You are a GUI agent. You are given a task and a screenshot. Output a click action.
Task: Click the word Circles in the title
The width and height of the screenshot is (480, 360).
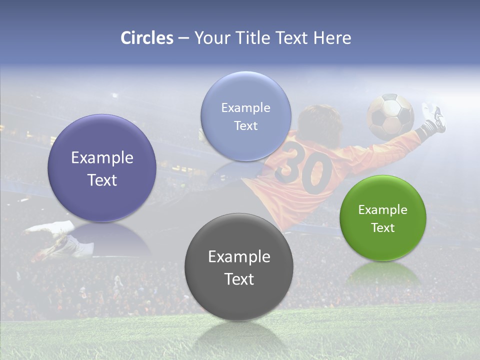tap(147, 38)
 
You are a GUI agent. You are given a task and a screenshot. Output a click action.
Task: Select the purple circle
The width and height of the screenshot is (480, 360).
tap(102, 168)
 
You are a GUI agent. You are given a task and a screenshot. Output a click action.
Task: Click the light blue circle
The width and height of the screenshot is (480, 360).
tap(245, 116)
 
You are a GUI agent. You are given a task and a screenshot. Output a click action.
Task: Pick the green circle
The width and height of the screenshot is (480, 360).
tap(383, 218)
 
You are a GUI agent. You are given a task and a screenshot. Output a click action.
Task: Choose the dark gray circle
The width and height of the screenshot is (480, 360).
tap(239, 267)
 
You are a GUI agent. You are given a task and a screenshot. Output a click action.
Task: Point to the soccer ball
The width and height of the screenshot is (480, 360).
tap(390, 116)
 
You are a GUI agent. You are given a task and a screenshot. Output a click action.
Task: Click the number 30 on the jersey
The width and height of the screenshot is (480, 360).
tap(304, 168)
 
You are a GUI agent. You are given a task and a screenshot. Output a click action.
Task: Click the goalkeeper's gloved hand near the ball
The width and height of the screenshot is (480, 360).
tap(432, 118)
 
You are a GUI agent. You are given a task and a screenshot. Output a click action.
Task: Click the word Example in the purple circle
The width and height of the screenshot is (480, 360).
tap(102, 158)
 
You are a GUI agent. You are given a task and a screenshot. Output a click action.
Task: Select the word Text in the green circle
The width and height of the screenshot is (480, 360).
tap(383, 228)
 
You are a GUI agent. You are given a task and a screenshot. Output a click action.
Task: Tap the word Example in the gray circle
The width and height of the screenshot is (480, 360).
tap(239, 257)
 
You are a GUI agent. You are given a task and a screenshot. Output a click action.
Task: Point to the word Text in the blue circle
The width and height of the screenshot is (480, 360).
tap(245, 126)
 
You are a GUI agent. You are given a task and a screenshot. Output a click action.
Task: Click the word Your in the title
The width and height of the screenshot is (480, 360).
tap(210, 38)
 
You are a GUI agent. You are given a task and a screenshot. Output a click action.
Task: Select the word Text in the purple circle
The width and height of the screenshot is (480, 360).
tap(102, 180)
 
